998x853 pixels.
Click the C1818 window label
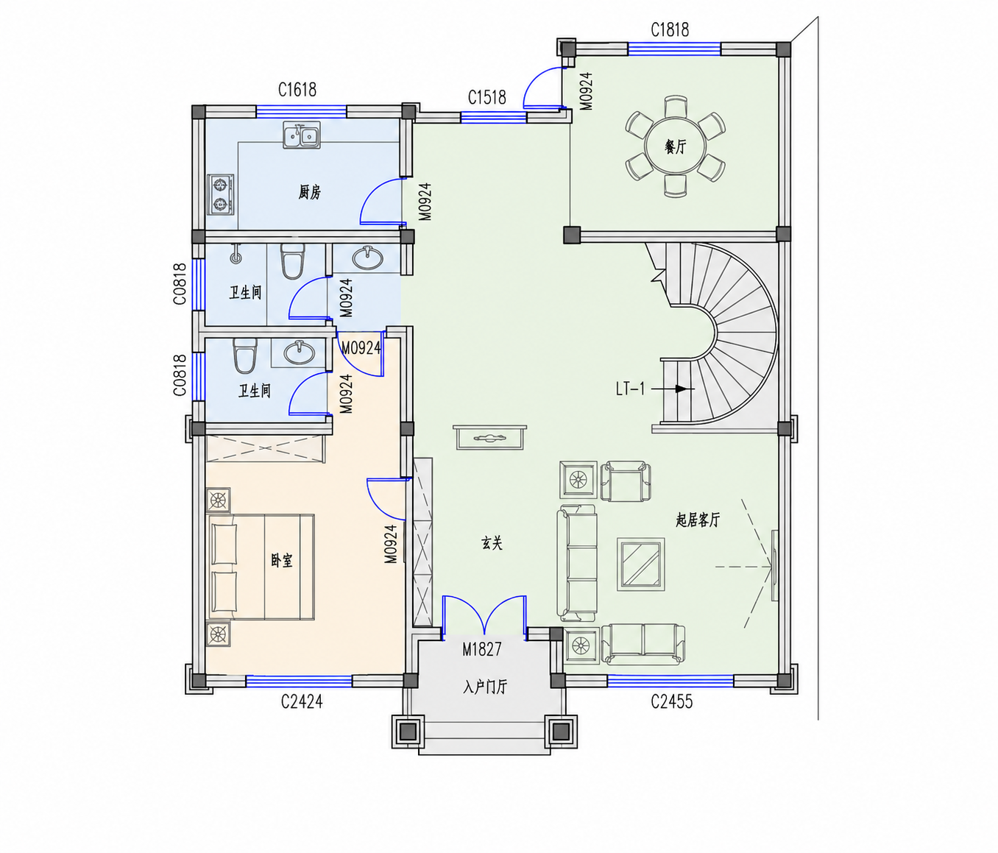tap(670, 30)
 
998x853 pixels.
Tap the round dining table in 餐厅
tap(675, 146)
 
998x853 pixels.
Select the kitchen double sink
tap(301, 135)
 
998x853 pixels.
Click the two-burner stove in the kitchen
tap(221, 194)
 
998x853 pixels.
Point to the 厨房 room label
tap(310, 193)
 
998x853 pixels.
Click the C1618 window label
tap(297, 90)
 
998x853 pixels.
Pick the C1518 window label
tap(486, 97)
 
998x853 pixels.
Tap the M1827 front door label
tap(482, 649)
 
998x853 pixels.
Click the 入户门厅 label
tap(485, 687)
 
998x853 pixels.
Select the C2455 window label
tap(672, 701)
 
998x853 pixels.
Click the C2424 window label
tap(302, 701)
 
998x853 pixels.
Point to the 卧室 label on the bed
tap(281, 561)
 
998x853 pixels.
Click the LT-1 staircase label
tap(631, 389)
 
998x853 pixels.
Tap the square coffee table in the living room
tap(641, 564)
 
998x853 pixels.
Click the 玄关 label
tap(492, 544)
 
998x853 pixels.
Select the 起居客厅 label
tap(698, 520)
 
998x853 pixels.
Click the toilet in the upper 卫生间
tap(293, 261)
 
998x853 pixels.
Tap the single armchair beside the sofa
tap(625, 481)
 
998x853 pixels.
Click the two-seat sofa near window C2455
tap(643, 644)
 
